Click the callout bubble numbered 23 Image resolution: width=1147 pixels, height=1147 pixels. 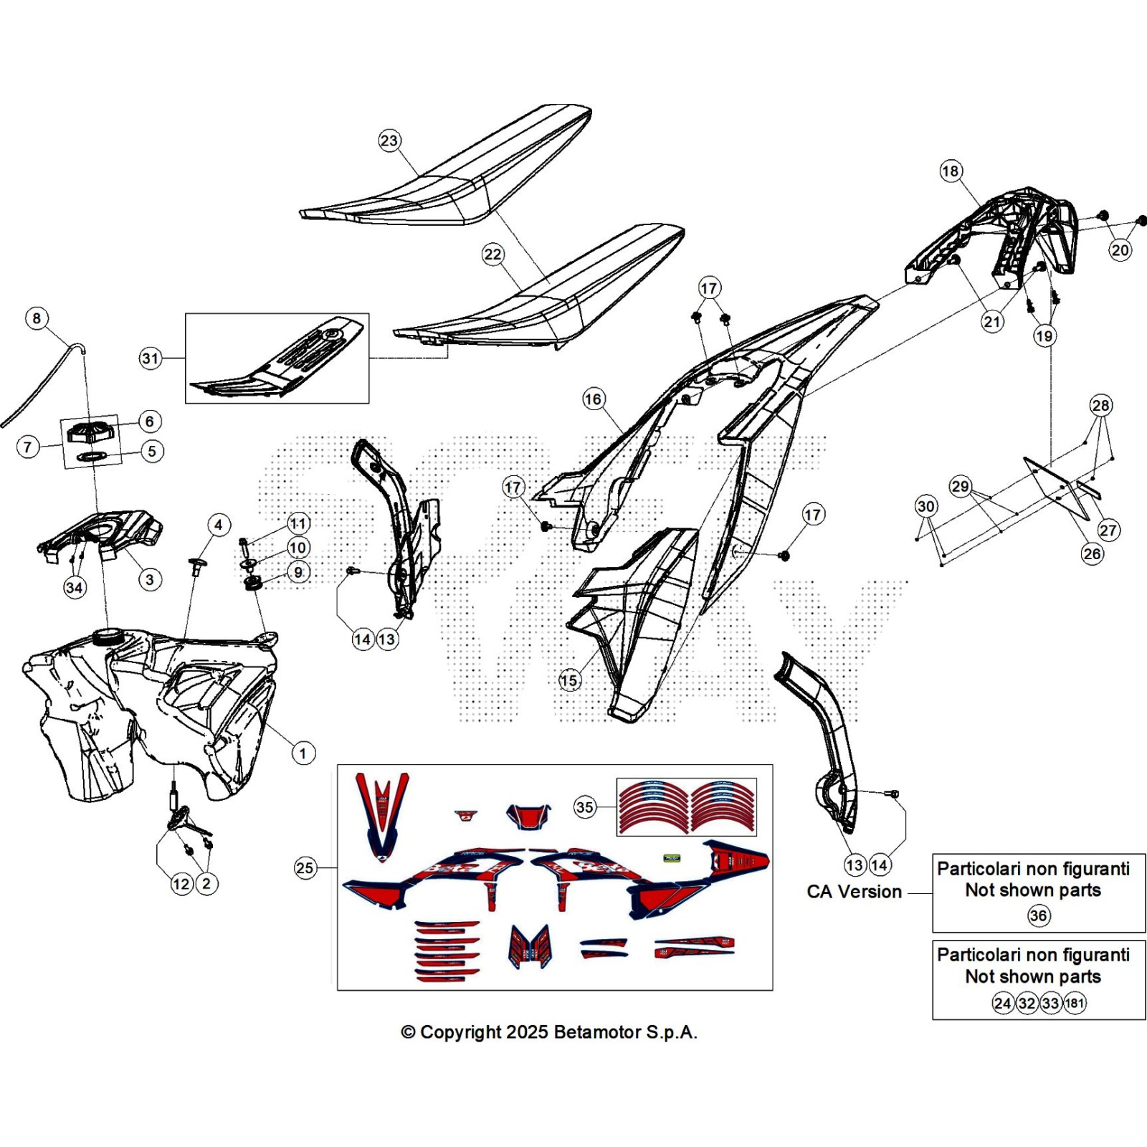tap(389, 141)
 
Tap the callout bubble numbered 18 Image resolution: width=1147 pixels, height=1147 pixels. tap(951, 171)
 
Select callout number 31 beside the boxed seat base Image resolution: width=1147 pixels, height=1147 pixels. tap(151, 358)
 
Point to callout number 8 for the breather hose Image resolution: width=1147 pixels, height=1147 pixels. tap(37, 318)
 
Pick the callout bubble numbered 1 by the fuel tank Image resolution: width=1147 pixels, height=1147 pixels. tap(303, 753)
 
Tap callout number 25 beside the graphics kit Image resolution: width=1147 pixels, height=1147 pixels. tap(305, 868)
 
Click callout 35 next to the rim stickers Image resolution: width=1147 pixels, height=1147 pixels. tap(585, 807)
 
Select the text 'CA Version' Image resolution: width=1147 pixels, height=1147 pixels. tap(854, 892)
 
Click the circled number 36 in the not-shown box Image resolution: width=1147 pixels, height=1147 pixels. tap(1038, 915)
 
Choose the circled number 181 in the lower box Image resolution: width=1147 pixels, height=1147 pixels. tap(1075, 1003)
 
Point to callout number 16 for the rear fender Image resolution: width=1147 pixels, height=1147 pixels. tap(594, 399)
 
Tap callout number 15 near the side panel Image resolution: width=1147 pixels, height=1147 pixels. tap(569, 680)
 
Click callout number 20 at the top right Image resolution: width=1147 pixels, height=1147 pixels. tap(1120, 250)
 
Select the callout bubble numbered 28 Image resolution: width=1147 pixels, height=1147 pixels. tap(1100, 406)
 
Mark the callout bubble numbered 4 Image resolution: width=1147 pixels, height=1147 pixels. tap(219, 525)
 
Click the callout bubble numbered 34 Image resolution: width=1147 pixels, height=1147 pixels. tap(75, 588)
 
